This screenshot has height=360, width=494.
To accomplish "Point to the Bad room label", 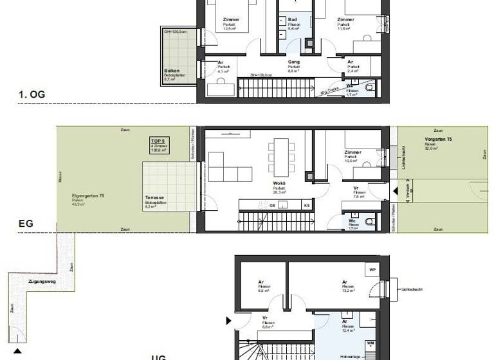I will [x=292, y=20].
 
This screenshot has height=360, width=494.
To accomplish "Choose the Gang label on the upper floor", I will [x=293, y=62].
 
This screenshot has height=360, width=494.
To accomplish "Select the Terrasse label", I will [x=154, y=199].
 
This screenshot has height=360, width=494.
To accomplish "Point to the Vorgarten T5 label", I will [x=434, y=139].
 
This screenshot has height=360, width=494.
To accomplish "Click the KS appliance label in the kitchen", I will [x=307, y=205].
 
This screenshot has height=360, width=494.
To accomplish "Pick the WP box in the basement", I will [x=372, y=270].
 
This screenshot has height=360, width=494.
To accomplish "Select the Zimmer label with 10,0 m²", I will [x=352, y=153].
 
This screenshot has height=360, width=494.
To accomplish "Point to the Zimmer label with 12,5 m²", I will [x=227, y=20].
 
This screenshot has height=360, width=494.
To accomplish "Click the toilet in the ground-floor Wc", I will [x=369, y=221].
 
